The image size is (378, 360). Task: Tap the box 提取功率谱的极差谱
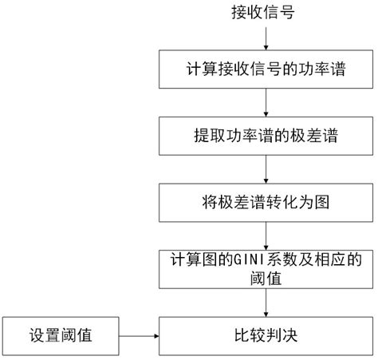click(x=266, y=136)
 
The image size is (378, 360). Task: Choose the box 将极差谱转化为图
click(x=266, y=202)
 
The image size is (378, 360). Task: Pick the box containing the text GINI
click(x=266, y=269)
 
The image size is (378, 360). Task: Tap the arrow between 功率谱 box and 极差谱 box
click(x=266, y=102)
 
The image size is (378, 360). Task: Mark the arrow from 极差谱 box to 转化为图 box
click(x=266, y=168)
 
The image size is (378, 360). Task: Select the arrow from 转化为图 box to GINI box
click(x=266, y=235)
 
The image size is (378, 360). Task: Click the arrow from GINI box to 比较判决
click(x=266, y=302)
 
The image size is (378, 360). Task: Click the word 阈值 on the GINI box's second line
click(x=266, y=279)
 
